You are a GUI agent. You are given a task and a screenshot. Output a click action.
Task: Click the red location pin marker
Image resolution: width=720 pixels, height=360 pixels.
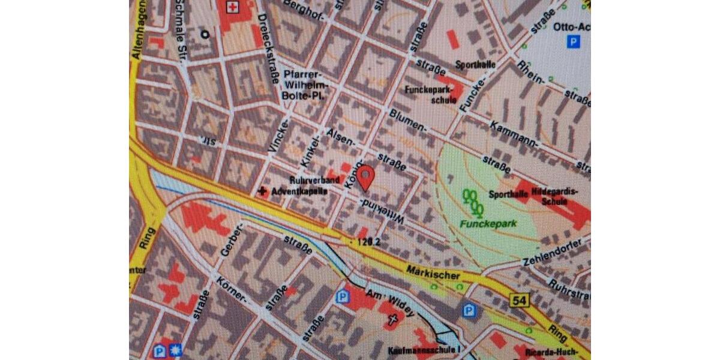(x=366, y=178)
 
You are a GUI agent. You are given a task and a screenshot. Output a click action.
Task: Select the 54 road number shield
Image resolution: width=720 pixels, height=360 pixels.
(x=520, y=299)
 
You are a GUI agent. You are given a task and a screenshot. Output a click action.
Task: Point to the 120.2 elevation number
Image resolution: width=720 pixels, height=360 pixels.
(x=368, y=242)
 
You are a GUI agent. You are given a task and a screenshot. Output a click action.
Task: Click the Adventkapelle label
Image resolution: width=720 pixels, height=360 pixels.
(x=299, y=192)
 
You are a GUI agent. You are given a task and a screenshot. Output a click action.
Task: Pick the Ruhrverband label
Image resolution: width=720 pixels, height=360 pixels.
(x=314, y=179)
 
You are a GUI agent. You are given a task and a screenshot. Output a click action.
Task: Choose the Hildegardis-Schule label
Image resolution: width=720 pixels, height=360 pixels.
(x=559, y=196)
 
